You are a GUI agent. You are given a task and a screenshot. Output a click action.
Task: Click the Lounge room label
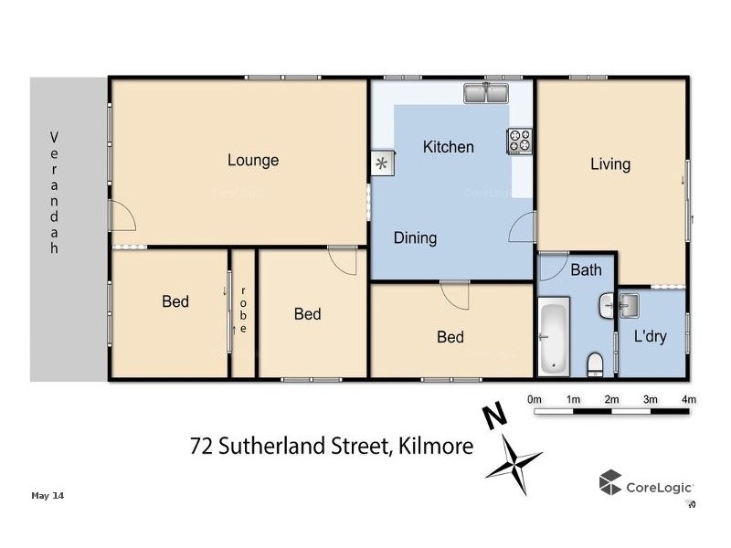pyautogui.click(x=253, y=161)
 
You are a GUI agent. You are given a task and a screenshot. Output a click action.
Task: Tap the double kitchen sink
pyautogui.click(x=486, y=93)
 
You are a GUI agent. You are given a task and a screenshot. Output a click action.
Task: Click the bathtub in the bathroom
pyautogui.click(x=555, y=337)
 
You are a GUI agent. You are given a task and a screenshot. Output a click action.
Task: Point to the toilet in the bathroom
pyautogui.click(x=596, y=364)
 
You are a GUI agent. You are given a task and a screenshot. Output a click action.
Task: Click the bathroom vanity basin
pyautogui.click(x=608, y=307)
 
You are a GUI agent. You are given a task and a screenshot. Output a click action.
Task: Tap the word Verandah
pyautogui.click(x=54, y=195)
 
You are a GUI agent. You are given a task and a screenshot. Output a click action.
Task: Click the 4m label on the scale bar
pyautogui.click(x=689, y=399)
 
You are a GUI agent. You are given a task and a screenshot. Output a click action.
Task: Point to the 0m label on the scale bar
pyautogui.click(x=535, y=399)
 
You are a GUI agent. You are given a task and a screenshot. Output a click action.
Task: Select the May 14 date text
pyautogui.click(x=48, y=496)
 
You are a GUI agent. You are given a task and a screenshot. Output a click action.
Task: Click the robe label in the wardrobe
pyautogui.click(x=244, y=310)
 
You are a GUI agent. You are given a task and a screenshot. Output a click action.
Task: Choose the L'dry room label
pyautogui.click(x=650, y=336)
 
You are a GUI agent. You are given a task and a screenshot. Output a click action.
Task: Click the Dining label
pyautogui.click(x=415, y=238)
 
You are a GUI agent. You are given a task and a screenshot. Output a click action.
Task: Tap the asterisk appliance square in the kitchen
pyautogui.click(x=382, y=163)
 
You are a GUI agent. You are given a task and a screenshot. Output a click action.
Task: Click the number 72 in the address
pyautogui.click(x=201, y=447)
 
